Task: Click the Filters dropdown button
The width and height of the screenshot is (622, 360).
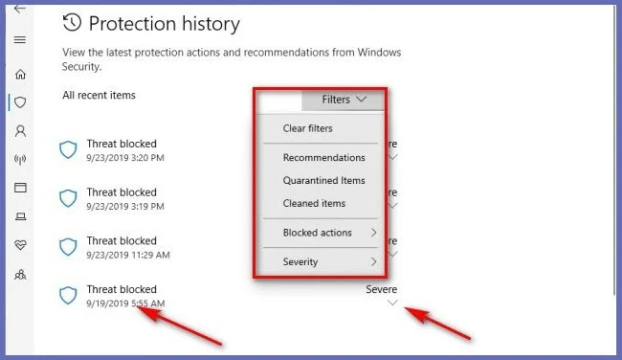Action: [343, 100]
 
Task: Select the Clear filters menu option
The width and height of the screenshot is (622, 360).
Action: [308, 128]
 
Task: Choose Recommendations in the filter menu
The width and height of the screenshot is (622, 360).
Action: [323, 158]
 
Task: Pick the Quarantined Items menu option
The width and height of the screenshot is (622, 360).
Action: [323, 181]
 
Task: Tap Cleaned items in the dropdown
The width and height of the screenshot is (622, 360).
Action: [314, 203]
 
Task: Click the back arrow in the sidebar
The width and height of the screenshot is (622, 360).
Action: [19, 9]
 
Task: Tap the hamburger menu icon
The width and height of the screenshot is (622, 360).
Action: [20, 39]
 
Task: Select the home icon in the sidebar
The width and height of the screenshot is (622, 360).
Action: [20, 75]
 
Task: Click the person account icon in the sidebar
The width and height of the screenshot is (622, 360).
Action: [20, 131]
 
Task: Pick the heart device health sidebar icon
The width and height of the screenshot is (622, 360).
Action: [20, 245]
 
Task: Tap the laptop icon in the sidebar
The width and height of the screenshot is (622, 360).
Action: [21, 216]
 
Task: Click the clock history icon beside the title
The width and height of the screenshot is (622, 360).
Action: [72, 23]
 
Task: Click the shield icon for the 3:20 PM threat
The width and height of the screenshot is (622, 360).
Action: [68, 150]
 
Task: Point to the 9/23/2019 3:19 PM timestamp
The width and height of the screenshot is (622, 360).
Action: [125, 207]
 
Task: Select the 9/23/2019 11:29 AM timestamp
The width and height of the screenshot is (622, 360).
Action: [128, 255]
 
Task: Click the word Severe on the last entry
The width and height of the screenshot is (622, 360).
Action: [381, 289]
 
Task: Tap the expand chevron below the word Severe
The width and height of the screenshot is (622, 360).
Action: [392, 303]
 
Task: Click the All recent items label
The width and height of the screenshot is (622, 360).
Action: [99, 95]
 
